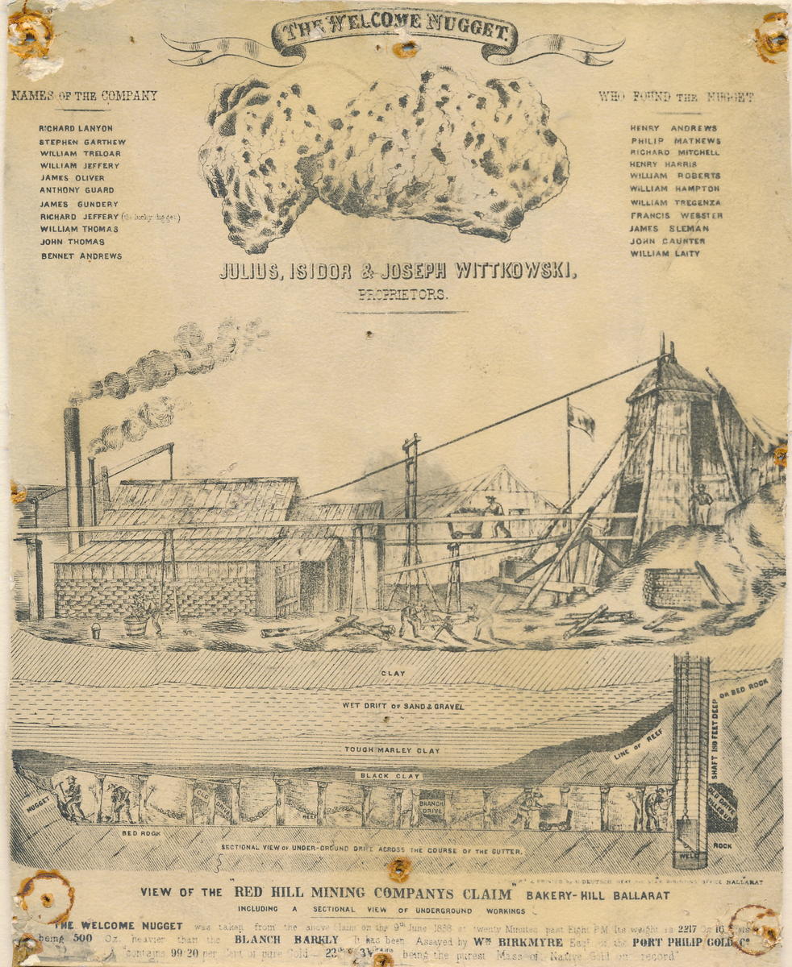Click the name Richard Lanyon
(x=76, y=128)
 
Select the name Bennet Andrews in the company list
(x=81, y=256)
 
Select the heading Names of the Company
(x=84, y=96)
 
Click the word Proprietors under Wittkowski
(x=401, y=294)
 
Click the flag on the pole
(x=581, y=419)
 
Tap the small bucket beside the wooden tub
(x=96, y=631)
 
